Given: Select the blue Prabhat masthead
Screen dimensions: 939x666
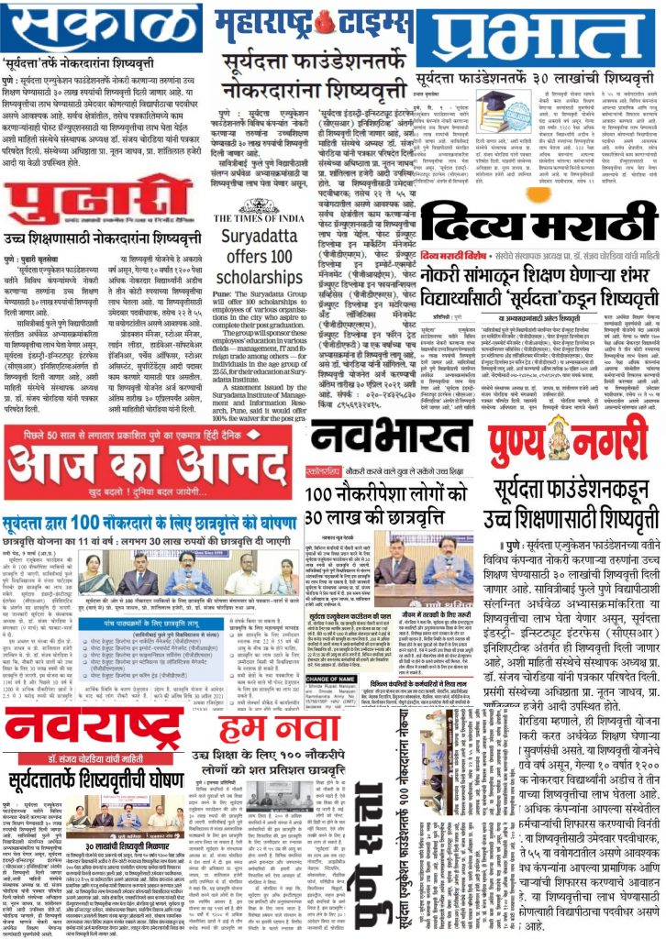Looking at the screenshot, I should pyautogui.click(x=538, y=37).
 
